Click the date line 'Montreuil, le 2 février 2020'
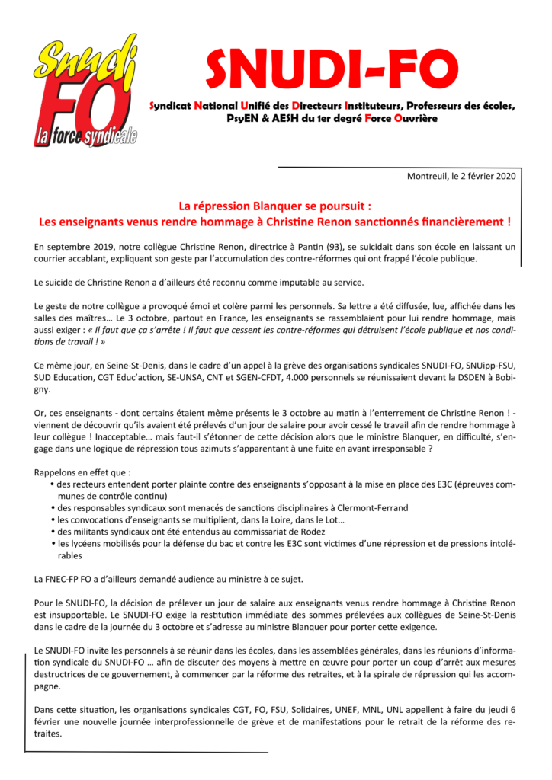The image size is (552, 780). click(x=462, y=177)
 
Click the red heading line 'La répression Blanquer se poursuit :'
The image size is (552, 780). click(x=274, y=206)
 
